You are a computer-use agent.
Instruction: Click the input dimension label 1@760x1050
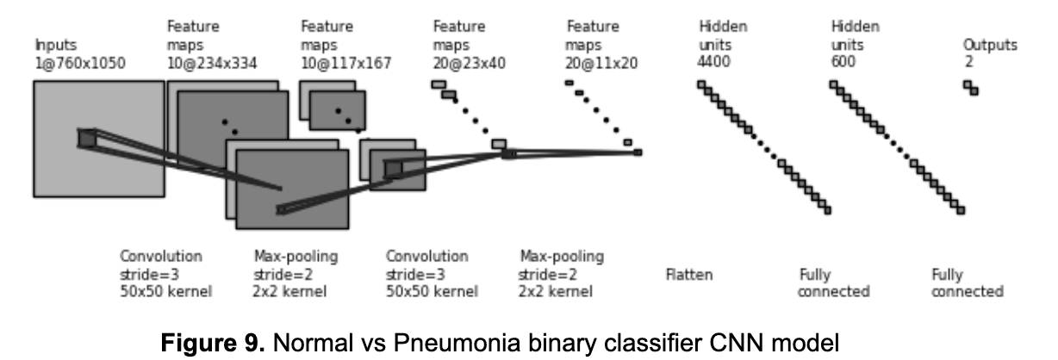click(79, 63)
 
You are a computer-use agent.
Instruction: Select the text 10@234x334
click(211, 63)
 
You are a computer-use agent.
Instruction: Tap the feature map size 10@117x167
click(345, 63)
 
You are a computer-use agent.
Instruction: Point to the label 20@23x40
click(470, 63)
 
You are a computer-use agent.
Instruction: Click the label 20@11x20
click(601, 63)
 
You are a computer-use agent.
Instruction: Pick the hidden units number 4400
click(713, 63)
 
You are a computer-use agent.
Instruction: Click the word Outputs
click(989, 46)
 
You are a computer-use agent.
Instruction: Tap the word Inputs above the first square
click(55, 46)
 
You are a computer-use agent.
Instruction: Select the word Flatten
click(689, 276)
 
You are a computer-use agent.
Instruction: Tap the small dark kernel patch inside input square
click(87, 138)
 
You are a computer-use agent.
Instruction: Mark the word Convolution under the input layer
click(161, 257)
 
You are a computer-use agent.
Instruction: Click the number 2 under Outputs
click(968, 63)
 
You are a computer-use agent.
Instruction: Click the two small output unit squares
click(971, 88)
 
